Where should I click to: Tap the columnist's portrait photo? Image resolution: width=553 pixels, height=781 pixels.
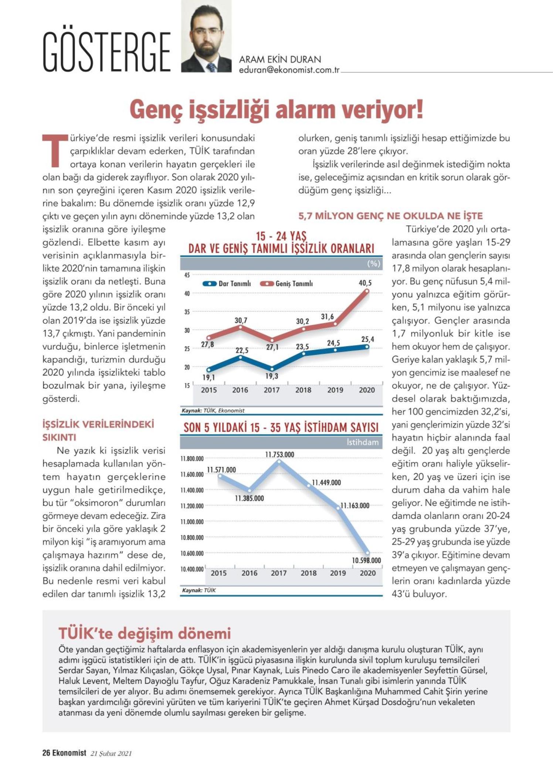(x=206, y=36)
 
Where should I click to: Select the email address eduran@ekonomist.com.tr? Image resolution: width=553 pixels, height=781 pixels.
(x=289, y=70)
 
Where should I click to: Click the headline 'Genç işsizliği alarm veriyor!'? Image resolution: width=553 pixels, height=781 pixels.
(x=276, y=110)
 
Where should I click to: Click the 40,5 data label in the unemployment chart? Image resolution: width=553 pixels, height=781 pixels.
(x=365, y=283)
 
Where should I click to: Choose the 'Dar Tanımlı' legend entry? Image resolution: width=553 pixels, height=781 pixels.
(x=227, y=284)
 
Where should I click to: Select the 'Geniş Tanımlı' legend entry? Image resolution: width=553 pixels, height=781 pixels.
(x=286, y=284)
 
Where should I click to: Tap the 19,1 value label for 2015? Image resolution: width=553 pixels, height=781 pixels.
(x=208, y=377)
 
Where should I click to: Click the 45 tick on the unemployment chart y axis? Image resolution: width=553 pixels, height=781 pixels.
(x=187, y=275)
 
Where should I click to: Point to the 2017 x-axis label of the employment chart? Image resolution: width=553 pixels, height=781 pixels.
(x=279, y=573)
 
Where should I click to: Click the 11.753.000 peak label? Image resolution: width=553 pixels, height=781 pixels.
(x=280, y=454)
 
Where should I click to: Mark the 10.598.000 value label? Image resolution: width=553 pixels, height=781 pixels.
(x=366, y=560)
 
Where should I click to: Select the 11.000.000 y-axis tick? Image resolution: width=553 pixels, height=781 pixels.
(x=192, y=522)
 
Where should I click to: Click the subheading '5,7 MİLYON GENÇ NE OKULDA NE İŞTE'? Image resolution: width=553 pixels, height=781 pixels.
(x=391, y=216)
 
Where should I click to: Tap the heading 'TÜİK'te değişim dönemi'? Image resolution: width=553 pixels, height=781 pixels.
(x=145, y=633)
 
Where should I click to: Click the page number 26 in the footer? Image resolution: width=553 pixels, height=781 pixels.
(x=46, y=753)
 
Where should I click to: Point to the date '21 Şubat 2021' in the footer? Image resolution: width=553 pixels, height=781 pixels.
(x=111, y=753)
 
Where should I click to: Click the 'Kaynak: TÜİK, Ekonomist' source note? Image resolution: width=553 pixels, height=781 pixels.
(x=213, y=411)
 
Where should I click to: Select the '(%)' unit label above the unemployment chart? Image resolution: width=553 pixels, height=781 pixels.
(x=373, y=263)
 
